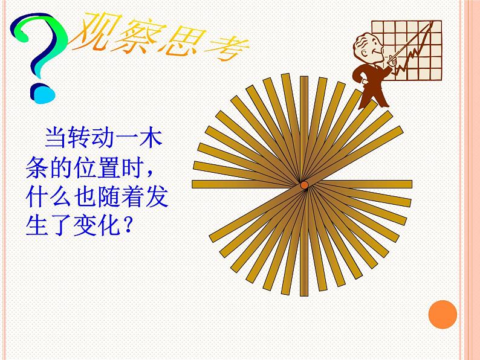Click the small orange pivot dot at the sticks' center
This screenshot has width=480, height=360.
pyautogui.click(x=304, y=185)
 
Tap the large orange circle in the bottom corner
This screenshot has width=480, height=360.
pyautogui.click(x=443, y=315)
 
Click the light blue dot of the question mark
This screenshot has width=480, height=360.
pyautogui.click(x=44, y=95)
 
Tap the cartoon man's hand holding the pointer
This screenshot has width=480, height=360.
pyautogui.click(x=392, y=60)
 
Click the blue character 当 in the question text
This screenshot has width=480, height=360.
pyautogui.click(x=56, y=138)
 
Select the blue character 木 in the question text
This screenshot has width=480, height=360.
pyautogui.click(x=151, y=138)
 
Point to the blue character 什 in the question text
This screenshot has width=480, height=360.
pyautogui.click(x=37, y=197)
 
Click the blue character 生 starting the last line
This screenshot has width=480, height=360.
pyautogui.click(x=37, y=226)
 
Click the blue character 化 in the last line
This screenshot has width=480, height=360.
pyautogui.click(x=109, y=226)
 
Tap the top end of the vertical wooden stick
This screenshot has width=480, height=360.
pyautogui.click(x=304, y=77)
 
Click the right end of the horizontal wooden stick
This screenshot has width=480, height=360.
pyautogui.click(x=411, y=184)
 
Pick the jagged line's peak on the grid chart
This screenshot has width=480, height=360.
pyautogui.click(x=431, y=22)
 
